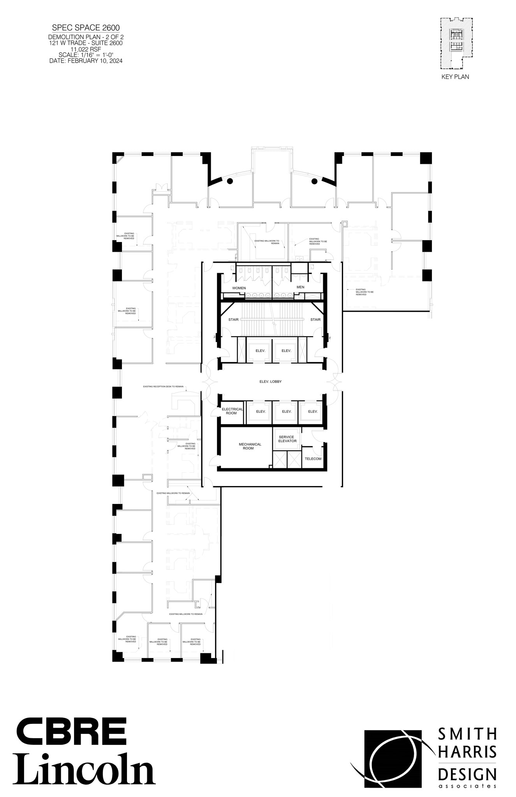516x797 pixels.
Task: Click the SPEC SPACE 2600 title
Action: [86, 28]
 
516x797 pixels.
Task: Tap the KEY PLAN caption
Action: [455, 77]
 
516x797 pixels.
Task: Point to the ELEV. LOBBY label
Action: [270, 382]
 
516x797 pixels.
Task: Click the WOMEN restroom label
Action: [239, 288]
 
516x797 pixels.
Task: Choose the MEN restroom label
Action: [300, 287]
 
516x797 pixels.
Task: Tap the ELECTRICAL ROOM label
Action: [232, 411]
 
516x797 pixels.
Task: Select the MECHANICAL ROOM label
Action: [250, 446]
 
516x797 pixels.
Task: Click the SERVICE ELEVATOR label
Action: [287, 439]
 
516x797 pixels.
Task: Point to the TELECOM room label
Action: [313, 459]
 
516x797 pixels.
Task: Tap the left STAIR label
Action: [233, 320]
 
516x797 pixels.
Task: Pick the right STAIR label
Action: [315, 320]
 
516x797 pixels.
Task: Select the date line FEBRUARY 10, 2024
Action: [86, 61]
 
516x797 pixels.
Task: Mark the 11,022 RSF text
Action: [86, 49]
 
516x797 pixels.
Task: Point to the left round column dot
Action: [230, 181]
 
